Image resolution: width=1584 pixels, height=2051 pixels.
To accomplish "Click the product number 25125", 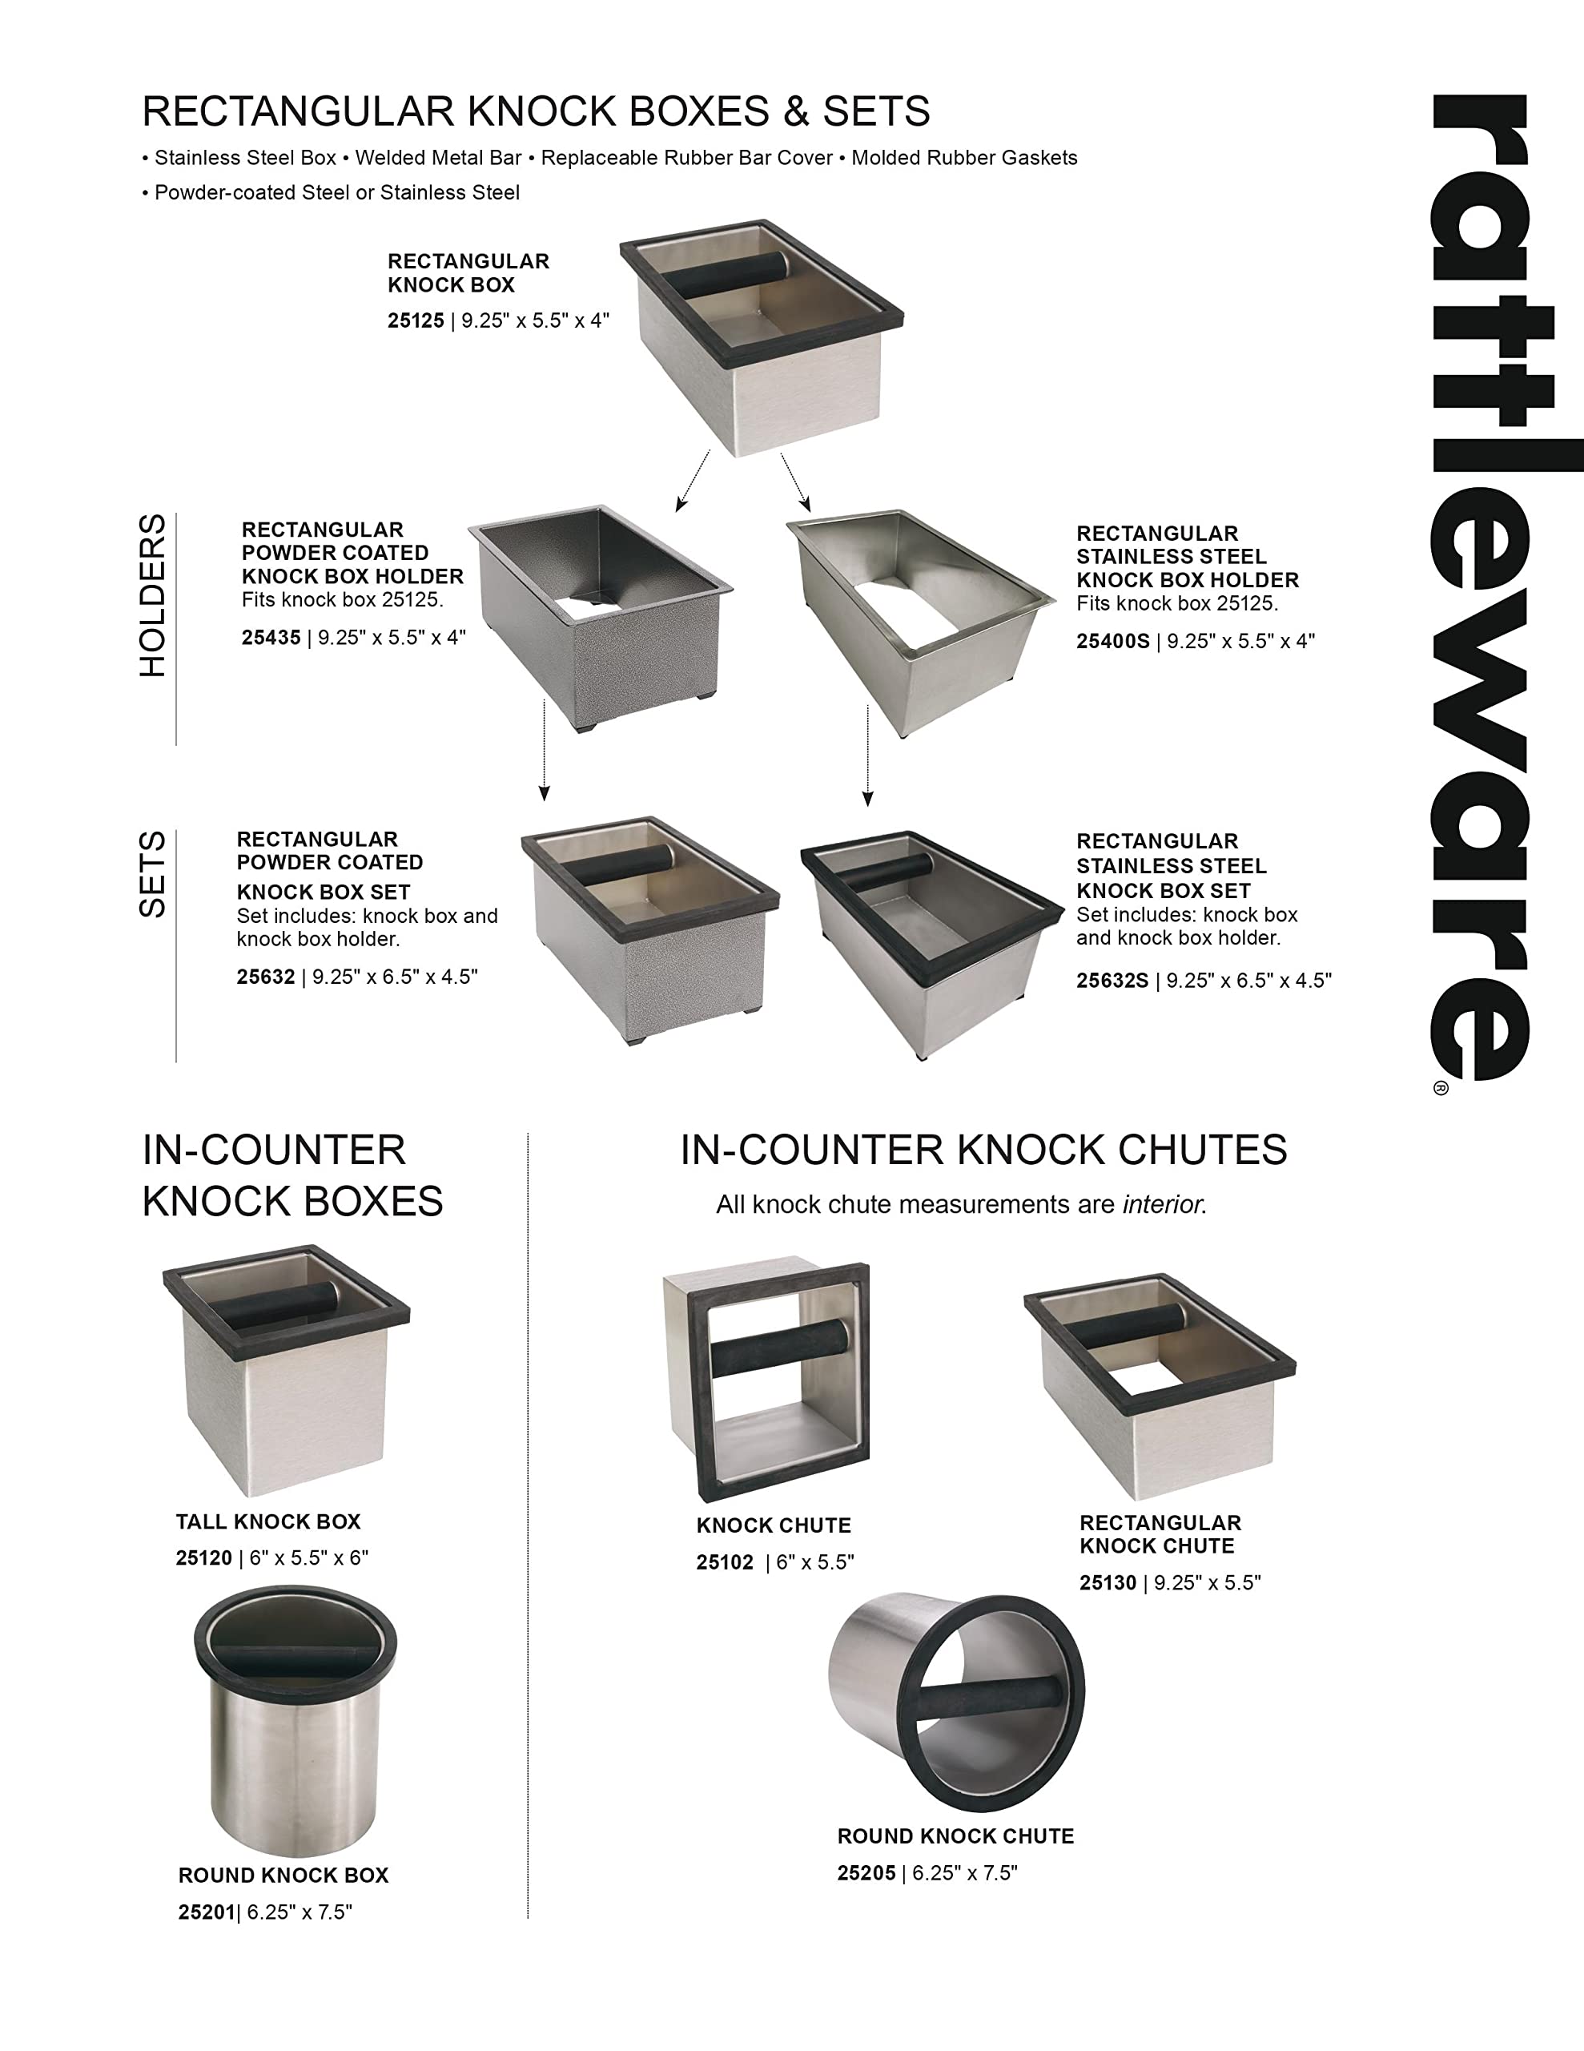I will click(x=415, y=321).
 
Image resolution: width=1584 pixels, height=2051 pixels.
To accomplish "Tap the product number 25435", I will click(x=271, y=639).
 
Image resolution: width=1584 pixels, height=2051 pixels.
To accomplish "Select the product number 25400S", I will click(x=1112, y=643).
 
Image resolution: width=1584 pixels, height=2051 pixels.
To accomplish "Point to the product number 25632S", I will click(x=1112, y=981).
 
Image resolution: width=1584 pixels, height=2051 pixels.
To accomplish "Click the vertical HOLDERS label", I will click(x=152, y=594).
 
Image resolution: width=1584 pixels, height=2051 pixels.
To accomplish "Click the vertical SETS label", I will click(x=152, y=873).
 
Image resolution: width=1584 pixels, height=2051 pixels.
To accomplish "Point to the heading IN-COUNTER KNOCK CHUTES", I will click(x=983, y=1150).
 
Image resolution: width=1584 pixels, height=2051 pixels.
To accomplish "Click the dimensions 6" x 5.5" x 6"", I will click(x=309, y=1558).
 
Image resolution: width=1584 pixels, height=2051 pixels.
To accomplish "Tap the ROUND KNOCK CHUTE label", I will click(x=955, y=1837).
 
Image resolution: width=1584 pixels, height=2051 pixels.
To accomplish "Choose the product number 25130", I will click(x=1107, y=1583).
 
